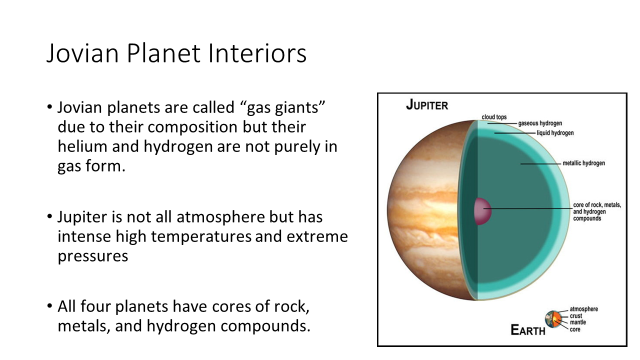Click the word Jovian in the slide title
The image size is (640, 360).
(x=82, y=53)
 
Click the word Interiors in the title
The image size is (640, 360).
(x=257, y=53)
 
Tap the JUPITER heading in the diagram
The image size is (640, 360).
(x=427, y=105)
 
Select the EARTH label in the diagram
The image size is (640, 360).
(x=527, y=330)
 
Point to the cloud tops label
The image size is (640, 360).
(x=494, y=117)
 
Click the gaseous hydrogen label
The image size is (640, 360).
(x=540, y=123)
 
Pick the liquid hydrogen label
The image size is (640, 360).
(x=555, y=133)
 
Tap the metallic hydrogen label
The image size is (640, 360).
(x=583, y=163)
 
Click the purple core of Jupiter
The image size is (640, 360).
(x=482, y=211)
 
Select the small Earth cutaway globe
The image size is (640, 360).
(x=553, y=319)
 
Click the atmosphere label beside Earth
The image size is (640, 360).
(x=583, y=309)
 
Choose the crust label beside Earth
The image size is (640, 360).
(x=576, y=316)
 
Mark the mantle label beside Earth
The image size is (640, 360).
(x=578, y=322)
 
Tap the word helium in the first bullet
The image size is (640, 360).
(x=82, y=146)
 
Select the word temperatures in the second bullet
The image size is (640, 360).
(x=201, y=237)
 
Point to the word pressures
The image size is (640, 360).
(x=93, y=256)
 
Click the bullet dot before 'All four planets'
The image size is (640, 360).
(x=49, y=306)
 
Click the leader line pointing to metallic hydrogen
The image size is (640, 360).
(x=540, y=163)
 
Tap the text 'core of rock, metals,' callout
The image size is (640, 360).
(x=597, y=205)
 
